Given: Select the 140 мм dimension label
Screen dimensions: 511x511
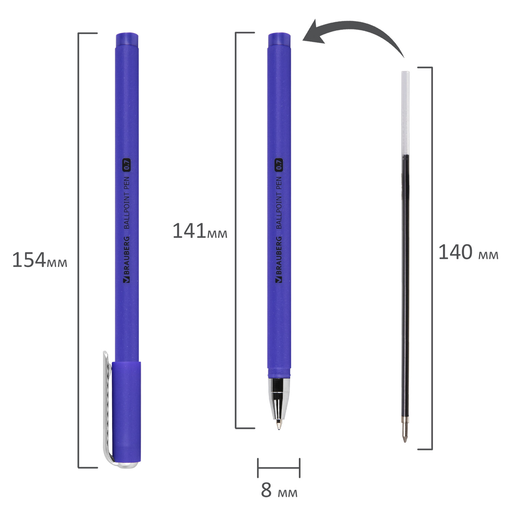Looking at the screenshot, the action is coord(468,252).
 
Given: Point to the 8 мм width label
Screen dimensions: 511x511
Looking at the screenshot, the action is coord(279,490).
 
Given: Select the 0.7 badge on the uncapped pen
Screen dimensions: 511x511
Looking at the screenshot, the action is coord(279,165).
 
